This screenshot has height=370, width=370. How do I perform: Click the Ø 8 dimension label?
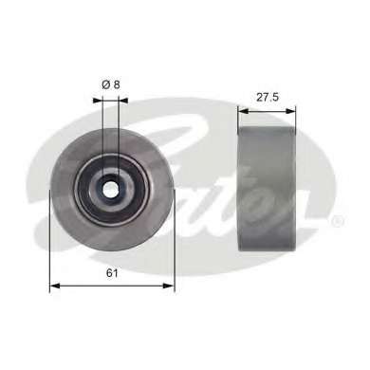coord(112,85)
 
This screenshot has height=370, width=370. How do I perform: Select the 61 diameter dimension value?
coord(112,274)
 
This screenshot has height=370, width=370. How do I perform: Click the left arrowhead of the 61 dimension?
coord(54,287)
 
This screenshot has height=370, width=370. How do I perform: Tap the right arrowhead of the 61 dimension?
coord(170,287)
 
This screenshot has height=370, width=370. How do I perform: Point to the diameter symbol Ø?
coord(105,85)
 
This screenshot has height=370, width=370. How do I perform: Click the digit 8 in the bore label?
coord(119,85)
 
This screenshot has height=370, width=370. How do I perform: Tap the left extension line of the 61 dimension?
coord(50,247)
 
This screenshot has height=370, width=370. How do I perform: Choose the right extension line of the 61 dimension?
coord(174,247)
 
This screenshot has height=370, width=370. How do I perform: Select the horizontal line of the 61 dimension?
coord(112,287)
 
